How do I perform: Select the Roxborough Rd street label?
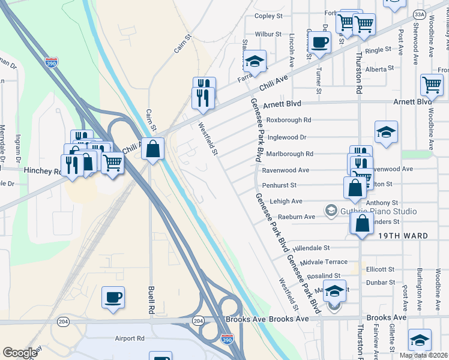(289, 120)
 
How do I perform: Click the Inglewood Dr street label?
(286, 137)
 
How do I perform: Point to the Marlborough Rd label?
(289, 154)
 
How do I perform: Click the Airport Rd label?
(130, 338)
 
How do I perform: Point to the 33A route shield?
(420, 14)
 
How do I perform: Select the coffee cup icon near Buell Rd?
(113, 297)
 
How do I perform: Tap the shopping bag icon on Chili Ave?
(153, 148)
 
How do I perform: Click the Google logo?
(20, 352)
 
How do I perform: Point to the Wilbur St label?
(268, 34)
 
